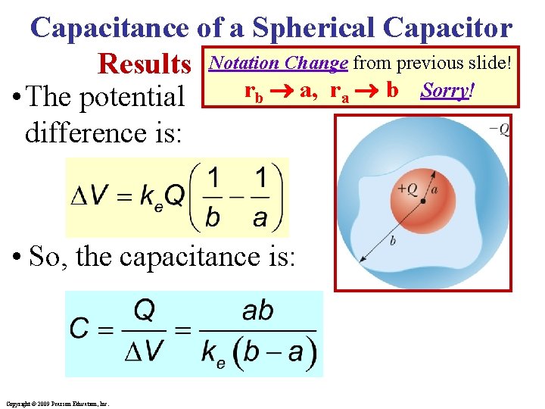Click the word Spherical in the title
pyautogui.click(x=314, y=28)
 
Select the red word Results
pyautogui.click(x=145, y=64)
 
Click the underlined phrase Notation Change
pyautogui.click(x=278, y=63)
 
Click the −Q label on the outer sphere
pyautogui.click(x=499, y=130)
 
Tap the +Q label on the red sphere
pyautogui.click(x=407, y=189)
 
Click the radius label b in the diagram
pyautogui.click(x=393, y=240)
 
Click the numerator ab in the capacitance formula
pyautogui.click(x=259, y=311)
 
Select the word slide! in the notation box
pyautogui.click(x=493, y=63)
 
